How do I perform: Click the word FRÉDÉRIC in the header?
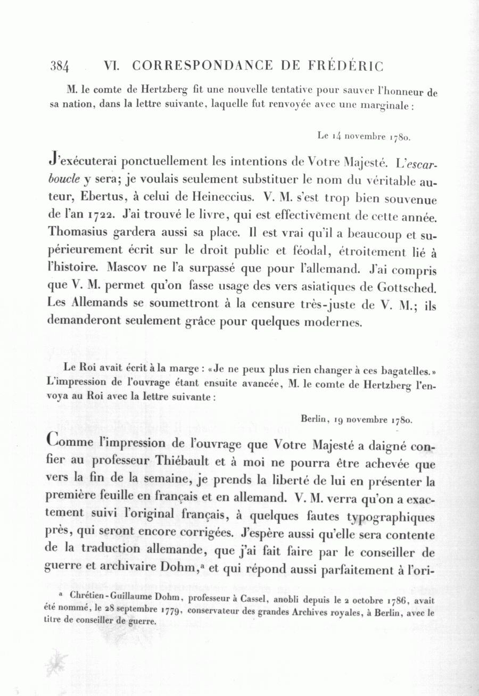click(345, 66)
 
